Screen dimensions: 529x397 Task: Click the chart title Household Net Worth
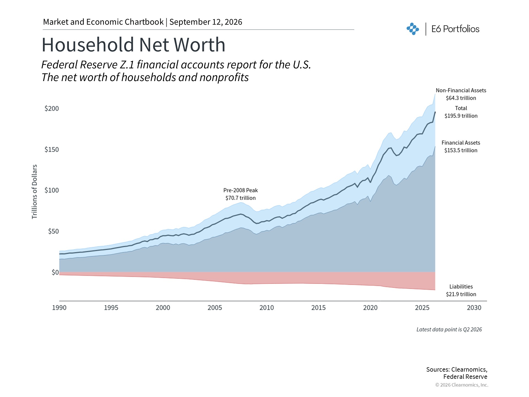[133, 45]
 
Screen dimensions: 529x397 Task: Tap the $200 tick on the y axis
[52, 109]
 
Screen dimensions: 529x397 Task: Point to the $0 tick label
[55, 272]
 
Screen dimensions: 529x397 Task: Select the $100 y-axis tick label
[52, 190]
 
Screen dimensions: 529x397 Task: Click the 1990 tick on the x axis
[59, 308]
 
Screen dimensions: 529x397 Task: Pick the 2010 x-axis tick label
[267, 308]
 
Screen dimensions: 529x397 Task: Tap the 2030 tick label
[474, 308]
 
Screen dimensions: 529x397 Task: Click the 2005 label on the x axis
[215, 308]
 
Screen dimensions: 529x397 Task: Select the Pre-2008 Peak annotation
[241, 194]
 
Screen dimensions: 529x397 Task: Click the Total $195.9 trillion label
[461, 112]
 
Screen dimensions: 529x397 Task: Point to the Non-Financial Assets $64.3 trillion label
[461, 94]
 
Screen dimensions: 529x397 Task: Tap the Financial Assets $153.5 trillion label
[461, 146]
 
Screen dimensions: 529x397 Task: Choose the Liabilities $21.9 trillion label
[461, 290]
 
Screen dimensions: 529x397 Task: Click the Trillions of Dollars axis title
[34, 192]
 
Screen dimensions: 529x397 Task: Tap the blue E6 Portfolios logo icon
[413, 29]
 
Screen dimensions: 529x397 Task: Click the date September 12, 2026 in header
[206, 22]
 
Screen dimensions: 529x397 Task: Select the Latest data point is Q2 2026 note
[449, 329]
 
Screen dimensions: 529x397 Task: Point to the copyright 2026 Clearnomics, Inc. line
[462, 385]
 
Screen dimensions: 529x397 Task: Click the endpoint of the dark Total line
[435, 112]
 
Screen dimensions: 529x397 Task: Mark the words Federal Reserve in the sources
[465, 377]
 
